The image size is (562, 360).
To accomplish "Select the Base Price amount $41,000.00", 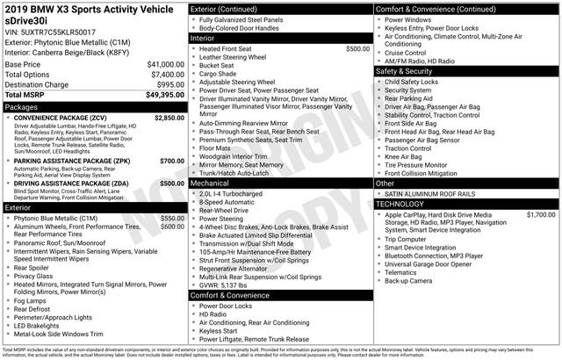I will tap(165, 65).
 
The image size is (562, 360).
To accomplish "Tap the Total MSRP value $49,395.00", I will tap(165, 94).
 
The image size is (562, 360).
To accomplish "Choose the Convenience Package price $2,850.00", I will tap(169, 117).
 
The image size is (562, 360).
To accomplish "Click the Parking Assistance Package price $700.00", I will tap(172, 162).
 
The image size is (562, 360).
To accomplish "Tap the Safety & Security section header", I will tap(409, 71).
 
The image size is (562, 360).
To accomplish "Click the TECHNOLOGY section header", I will tap(406, 204).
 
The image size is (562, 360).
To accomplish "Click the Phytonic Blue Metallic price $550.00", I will tap(172, 217).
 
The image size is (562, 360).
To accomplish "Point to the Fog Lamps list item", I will tap(35, 299).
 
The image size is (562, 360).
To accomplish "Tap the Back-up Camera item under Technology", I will tap(408, 281).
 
